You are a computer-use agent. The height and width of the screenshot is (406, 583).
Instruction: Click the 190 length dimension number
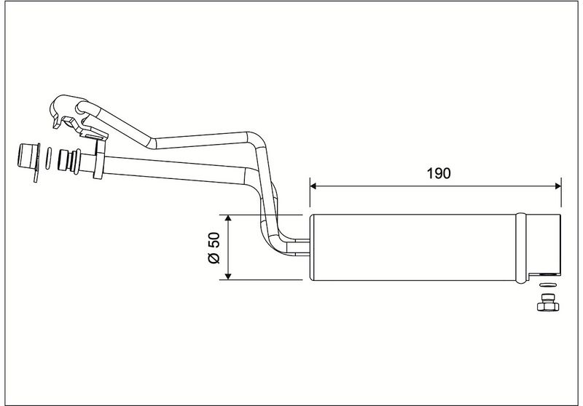tap(439, 173)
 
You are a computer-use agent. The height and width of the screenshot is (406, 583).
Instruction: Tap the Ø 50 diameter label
tap(214, 248)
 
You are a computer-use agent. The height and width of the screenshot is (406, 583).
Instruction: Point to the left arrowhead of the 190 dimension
tap(313, 186)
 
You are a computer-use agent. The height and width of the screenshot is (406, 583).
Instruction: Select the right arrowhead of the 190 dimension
tap(558, 186)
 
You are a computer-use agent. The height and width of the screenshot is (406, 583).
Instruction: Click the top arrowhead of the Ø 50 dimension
tap(228, 218)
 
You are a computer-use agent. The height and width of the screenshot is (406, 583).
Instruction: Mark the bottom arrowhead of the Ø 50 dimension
tap(228, 276)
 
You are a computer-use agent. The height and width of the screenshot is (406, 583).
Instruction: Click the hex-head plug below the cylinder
tap(548, 303)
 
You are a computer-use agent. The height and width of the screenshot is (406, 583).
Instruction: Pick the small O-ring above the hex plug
tap(548, 285)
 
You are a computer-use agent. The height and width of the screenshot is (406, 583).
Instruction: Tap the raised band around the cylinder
tap(521, 248)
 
